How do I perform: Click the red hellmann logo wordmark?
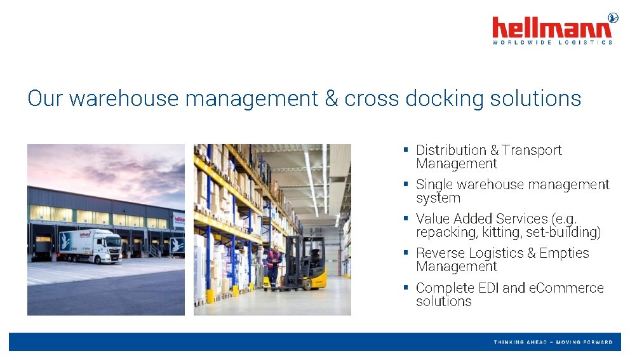pyautogui.click(x=552, y=28)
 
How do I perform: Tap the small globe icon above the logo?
pyautogui.click(x=612, y=18)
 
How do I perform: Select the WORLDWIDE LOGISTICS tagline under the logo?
pyautogui.click(x=552, y=43)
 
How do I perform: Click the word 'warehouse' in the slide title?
pyautogui.click(x=124, y=98)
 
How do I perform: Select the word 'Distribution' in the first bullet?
pyautogui.click(x=451, y=150)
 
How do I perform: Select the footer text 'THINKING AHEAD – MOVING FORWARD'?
pyautogui.click(x=553, y=342)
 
